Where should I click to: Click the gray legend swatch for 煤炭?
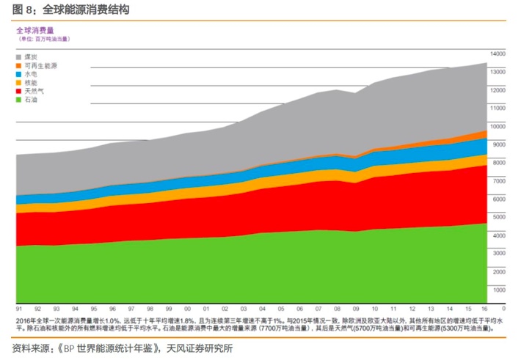[x=19, y=56]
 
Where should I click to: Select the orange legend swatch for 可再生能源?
[x=19, y=65]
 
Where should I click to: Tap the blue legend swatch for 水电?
[x=19, y=74]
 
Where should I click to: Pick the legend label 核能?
[x=32, y=82]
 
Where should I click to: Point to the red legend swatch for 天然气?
[x=19, y=91]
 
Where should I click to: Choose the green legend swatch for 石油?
[x=19, y=100]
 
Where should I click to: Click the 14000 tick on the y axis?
[x=498, y=54]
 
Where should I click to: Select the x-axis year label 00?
[x=187, y=309]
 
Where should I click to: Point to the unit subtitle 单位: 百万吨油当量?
[x=43, y=39]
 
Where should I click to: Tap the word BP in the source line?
[x=71, y=347]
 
